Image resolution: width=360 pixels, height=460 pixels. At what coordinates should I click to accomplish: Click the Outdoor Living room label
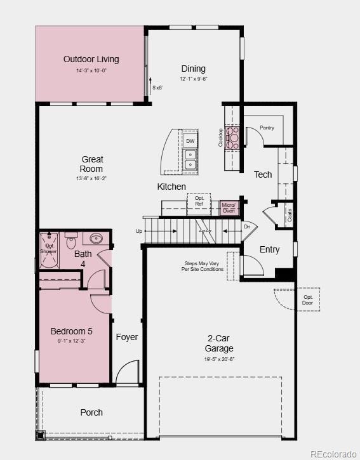tap(91, 59)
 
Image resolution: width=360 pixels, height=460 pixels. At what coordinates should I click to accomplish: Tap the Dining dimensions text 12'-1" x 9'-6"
tap(193, 79)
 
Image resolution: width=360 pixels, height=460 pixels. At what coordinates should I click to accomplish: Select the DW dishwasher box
tap(190, 141)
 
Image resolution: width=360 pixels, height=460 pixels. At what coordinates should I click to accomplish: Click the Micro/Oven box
tap(229, 208)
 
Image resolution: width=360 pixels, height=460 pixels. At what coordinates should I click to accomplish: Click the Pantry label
tap(267, 128)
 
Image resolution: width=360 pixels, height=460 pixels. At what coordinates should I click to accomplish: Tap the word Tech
tap(263, 174)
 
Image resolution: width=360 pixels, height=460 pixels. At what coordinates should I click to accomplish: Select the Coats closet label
tap(290, 214)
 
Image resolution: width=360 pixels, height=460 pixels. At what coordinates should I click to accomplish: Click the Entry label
tap(269, 249)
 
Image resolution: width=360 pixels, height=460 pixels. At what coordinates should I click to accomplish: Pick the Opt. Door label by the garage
tap(308, 299)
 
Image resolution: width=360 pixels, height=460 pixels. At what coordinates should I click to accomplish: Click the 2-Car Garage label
tap(218, 343)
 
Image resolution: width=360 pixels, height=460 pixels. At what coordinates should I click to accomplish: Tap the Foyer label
tap(127, 337)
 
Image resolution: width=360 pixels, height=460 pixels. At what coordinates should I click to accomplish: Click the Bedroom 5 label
tap(71, 331)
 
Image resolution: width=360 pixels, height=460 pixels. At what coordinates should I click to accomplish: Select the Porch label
tap(91, 412)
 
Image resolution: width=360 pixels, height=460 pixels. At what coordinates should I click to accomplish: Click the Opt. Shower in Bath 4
tap(50, 248)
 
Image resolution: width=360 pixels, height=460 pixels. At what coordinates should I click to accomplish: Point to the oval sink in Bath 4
tap(97, 239)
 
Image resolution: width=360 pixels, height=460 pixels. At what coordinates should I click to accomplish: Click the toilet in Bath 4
tap(71, 242)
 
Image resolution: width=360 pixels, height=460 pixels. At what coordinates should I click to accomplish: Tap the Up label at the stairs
tap(139, 232)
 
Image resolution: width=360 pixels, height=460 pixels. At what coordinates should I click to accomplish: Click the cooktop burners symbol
tap(233, 138)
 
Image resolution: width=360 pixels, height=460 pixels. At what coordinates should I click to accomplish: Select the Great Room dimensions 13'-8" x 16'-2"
tap(91, 179)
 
